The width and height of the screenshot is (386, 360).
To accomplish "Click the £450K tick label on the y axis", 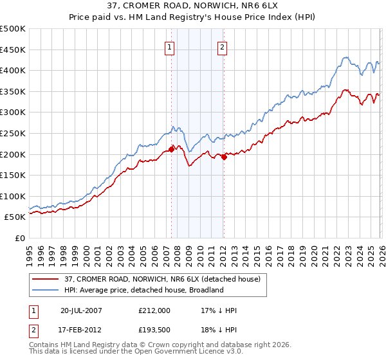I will coord(13,50).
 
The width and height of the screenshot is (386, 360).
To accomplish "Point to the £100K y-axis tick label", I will coord(13,196).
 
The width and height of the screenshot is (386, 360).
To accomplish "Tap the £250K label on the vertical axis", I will coord(13,133).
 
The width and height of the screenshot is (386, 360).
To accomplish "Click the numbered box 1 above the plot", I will coord(169,46).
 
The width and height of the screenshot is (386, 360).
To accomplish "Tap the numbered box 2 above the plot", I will coord(222,46).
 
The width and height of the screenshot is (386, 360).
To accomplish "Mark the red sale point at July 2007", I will coord(171,149).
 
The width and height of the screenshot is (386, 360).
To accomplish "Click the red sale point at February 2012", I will coord(223,157).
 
